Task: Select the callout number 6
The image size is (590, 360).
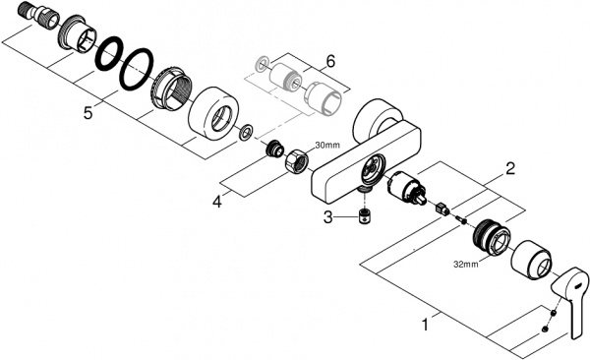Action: [x=330, y=61]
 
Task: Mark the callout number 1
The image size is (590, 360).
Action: [x=424, y=321]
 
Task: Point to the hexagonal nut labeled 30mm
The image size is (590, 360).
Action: [x=295, y=159]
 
